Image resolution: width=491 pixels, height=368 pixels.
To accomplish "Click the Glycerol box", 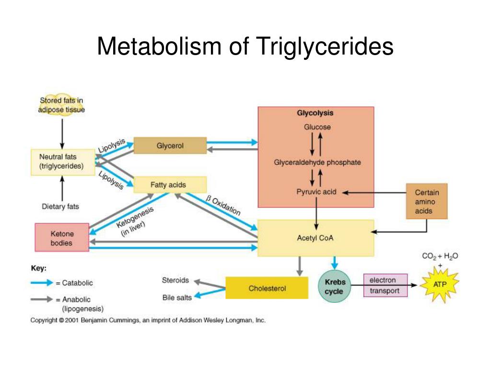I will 170,145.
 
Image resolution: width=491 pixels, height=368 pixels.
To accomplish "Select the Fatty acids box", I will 170,184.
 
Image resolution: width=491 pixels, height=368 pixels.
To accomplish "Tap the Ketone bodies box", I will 62,237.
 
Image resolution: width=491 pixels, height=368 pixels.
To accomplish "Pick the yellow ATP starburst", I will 439,284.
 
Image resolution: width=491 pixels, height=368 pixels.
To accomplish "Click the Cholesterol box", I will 267,288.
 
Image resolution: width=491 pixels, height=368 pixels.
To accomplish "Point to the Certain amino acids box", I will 426,201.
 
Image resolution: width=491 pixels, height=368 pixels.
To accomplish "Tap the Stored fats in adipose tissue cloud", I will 62,105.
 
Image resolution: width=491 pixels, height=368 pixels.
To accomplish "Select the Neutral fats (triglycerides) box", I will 62,162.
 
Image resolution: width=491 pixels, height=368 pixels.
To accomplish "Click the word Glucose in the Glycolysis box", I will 317,127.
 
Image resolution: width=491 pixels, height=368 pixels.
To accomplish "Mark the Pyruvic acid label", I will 316,192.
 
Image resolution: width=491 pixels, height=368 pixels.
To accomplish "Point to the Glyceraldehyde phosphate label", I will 317,162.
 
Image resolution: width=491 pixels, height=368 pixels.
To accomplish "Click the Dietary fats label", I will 60,207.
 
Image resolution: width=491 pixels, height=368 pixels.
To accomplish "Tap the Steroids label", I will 175,280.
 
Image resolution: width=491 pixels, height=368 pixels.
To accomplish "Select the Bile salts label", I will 176,298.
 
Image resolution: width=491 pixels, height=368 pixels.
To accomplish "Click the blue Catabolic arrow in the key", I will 41,283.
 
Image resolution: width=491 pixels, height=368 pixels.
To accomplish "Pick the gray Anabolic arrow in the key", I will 41,299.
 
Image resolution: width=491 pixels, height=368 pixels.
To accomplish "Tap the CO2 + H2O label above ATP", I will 440,256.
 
